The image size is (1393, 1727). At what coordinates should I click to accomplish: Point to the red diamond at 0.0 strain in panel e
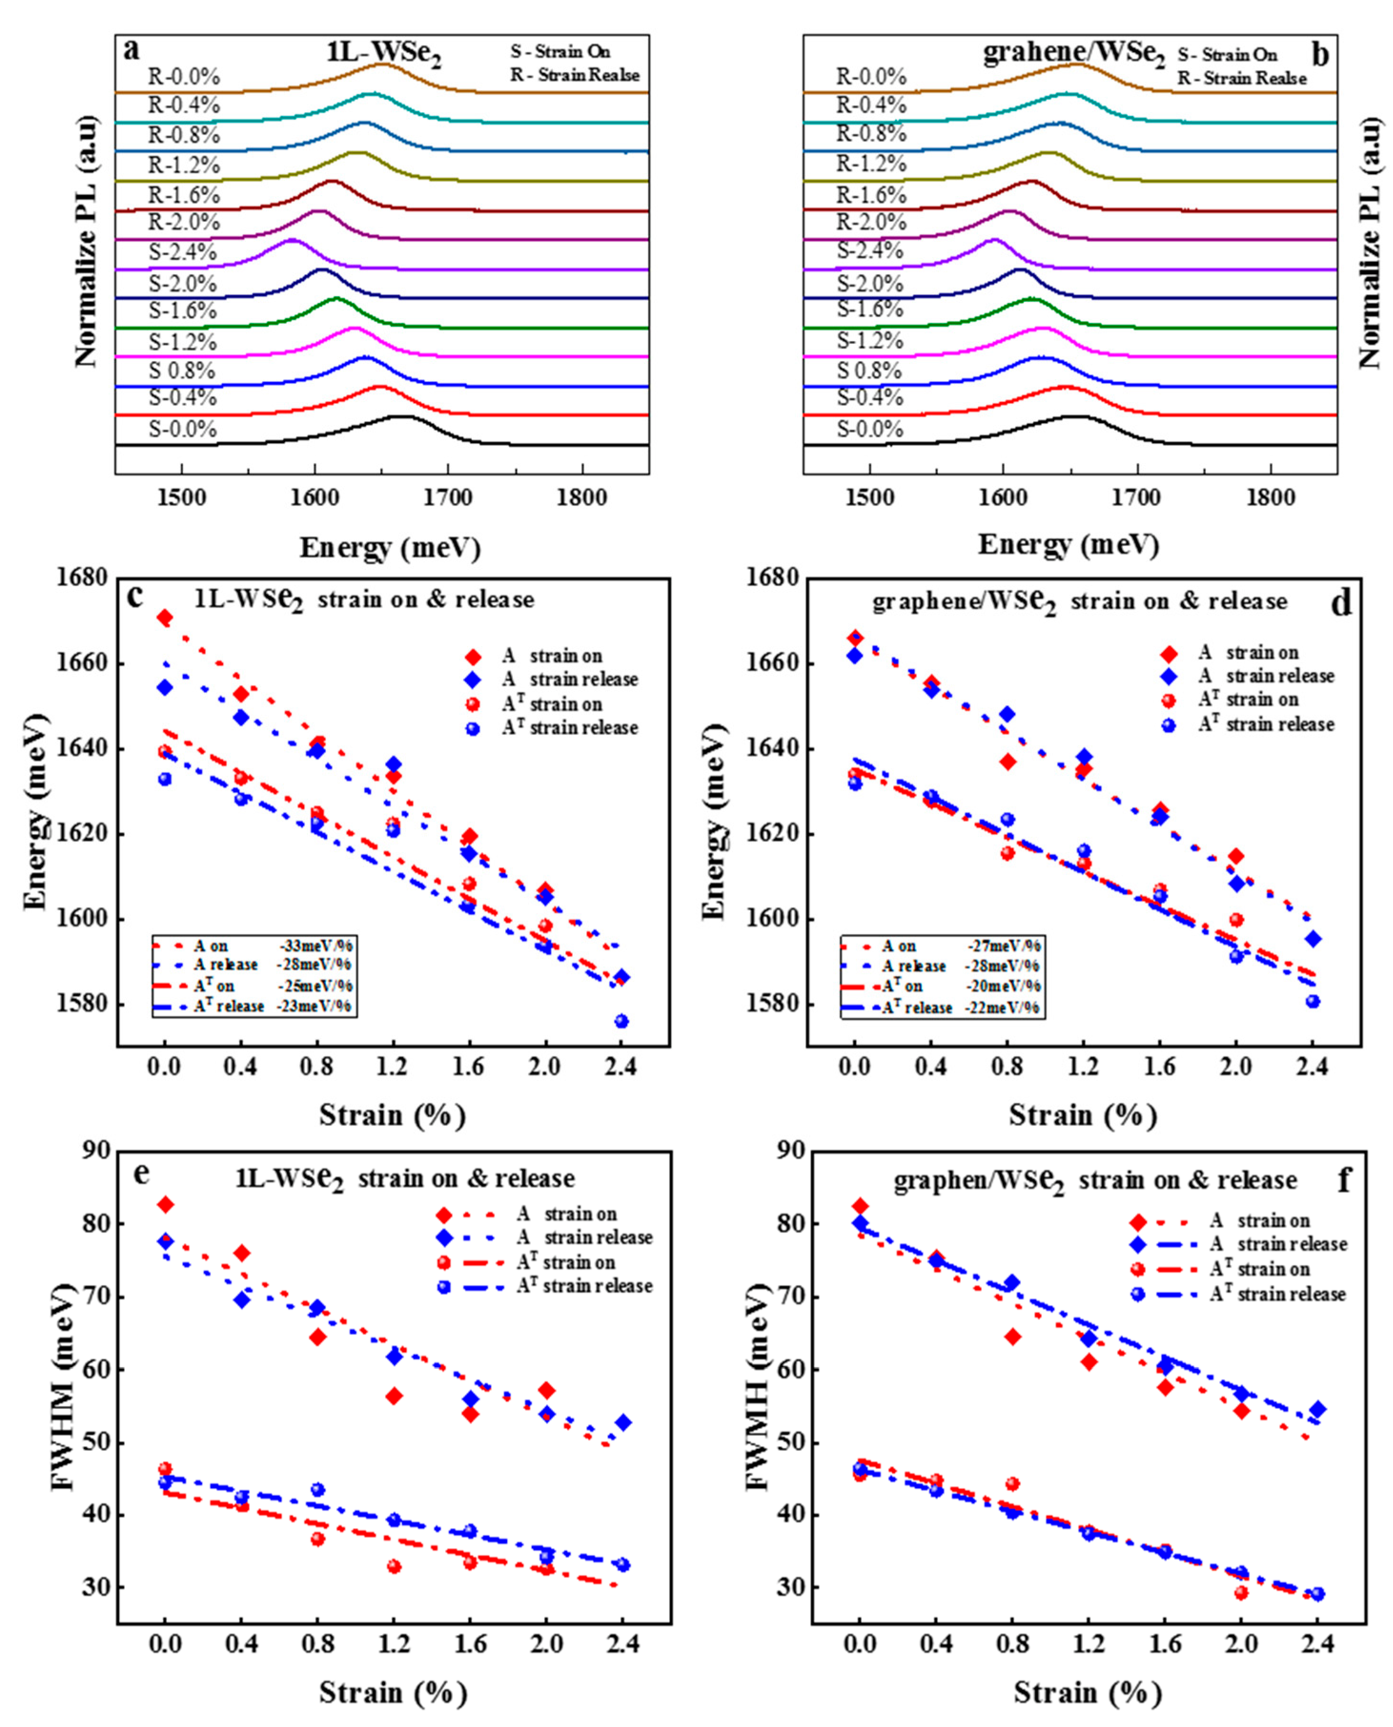[x=165, y=1204]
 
